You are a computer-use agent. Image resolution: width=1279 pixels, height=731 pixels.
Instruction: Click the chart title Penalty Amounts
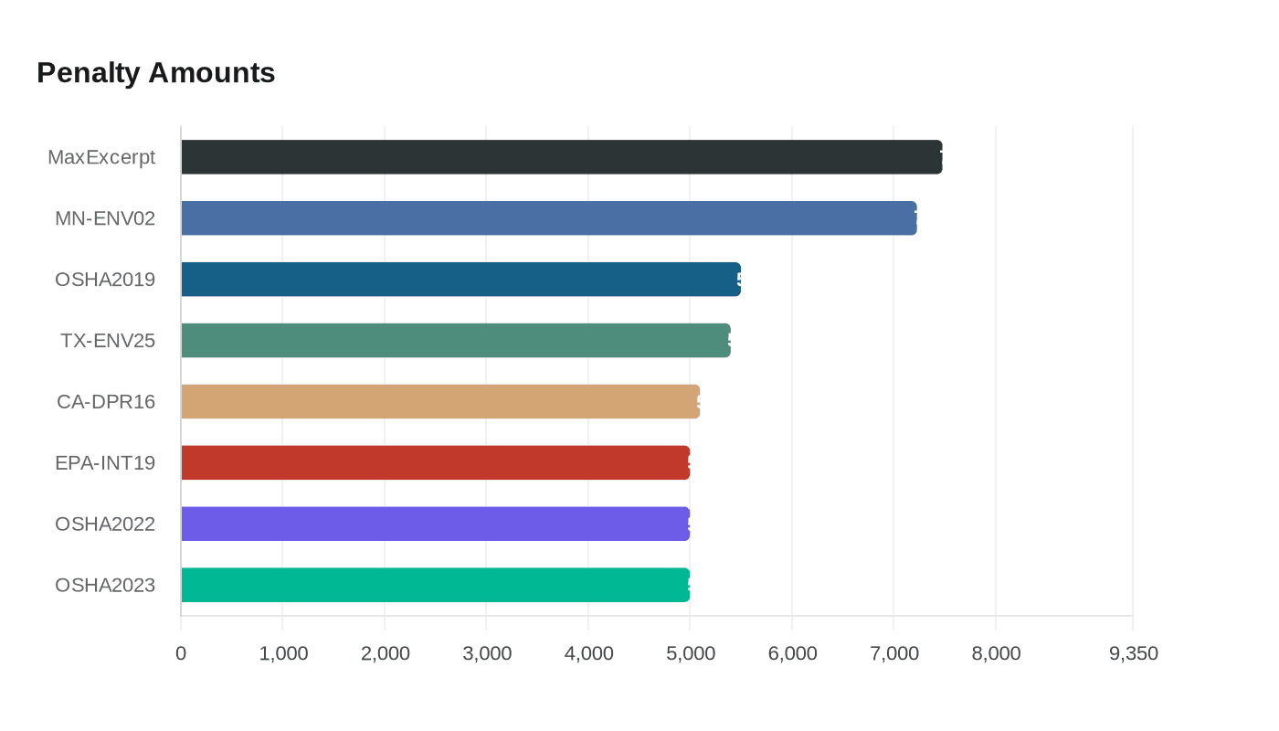click(x=155, y=72)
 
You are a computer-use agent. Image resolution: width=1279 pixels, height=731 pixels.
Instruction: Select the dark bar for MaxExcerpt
click(x=561, y=157)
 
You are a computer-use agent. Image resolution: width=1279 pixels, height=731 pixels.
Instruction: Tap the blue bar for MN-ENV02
click(x=548, y=218)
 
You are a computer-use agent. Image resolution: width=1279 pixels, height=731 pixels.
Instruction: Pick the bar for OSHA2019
click(x=460, y=280)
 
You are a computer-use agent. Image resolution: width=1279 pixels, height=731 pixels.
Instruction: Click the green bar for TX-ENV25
click(x=455, y=340)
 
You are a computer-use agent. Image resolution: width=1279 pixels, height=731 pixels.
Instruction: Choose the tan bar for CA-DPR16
click(x=440, y=401)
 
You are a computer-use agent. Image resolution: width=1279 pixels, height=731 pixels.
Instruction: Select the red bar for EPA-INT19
click(x=435, y=462)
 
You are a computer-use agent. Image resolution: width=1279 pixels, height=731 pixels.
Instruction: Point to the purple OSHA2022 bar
click(x=435, y=524)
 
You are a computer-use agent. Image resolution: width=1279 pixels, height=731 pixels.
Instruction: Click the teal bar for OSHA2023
click(x=435, y=585)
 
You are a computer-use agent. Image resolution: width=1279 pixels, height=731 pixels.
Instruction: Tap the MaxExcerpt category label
click(x=101, y=157)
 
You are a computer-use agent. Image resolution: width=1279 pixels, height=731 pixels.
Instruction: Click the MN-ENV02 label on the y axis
click(x=105, y=218)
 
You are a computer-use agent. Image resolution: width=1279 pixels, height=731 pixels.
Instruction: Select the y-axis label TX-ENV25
click(x=108, y=341)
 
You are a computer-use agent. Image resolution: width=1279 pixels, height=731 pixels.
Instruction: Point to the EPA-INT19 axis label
click(x=105, y=462)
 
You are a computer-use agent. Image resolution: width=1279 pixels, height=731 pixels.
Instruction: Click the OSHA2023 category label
click(x=105, y=585)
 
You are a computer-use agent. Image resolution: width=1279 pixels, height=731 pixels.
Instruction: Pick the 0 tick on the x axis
click(x=181, y=653)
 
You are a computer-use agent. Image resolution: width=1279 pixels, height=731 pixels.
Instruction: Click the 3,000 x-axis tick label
click(x=487, y=653)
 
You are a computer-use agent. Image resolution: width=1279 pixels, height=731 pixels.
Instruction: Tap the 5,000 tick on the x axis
click(x=691, y=653)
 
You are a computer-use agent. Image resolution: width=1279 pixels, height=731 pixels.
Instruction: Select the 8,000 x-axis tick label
click(x=996, y=653)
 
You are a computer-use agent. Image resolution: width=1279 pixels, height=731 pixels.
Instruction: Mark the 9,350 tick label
click(x=1133, y=653)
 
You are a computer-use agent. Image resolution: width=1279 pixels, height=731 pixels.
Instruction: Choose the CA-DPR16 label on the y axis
click(x=106, y=401)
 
